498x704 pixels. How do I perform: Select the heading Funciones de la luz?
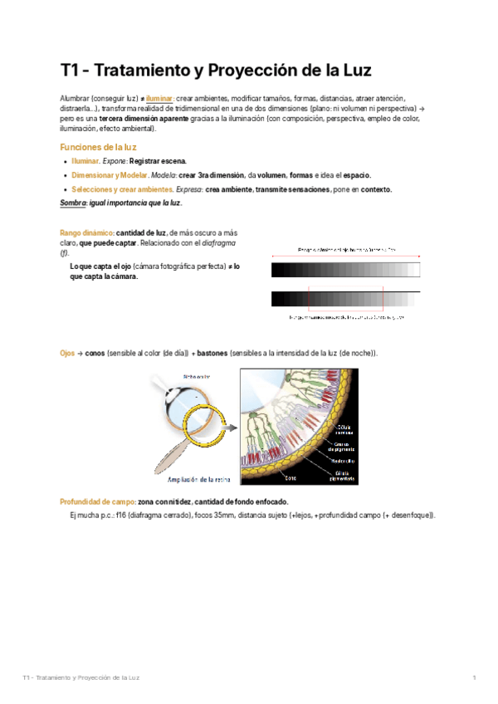(x=98, y=147)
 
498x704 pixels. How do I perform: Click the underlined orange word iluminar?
(x=160, y=98)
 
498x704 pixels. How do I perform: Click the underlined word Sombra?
(x=73, y=203)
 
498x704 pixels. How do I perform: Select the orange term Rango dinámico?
(x=86, y=233)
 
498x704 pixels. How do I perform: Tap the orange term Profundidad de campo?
(x=97, y=501)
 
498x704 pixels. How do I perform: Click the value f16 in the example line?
(x=121, y=515)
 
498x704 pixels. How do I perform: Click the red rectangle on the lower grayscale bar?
(x=345, y=300)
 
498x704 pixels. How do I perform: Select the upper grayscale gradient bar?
(x=345, y=269)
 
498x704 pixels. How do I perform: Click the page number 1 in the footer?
(x=474, y=678)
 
